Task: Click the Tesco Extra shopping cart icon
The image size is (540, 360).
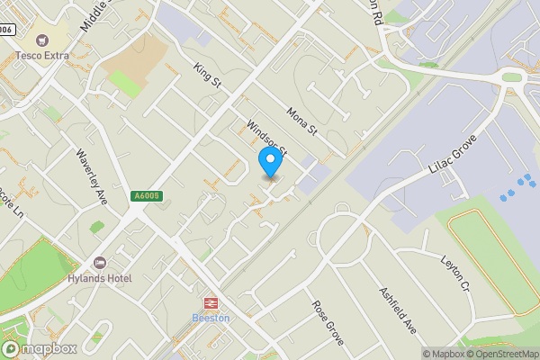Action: pyautogui.click(x=40, y=39)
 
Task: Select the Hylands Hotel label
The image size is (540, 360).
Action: pyautogui.click(x=99, y=278)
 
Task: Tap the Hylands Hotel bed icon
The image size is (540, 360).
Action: pyautogui.click(x=100, y=263)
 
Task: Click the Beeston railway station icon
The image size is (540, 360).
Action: pyautogui.click(x=211, y=303)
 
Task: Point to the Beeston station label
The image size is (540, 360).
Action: pyautogui.click(x=211, y=318)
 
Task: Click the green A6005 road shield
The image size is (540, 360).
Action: pyautogui.click(x=145, y=196)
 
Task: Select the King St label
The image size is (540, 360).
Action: pyautogui.click(x=207, y=75)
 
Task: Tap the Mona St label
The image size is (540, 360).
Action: pyautogui.click(x=302, y=121)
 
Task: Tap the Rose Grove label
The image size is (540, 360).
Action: pyautogui.click(x=328, y=323)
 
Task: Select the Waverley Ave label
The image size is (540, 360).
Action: pyautogui.click(x=92, y=176)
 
